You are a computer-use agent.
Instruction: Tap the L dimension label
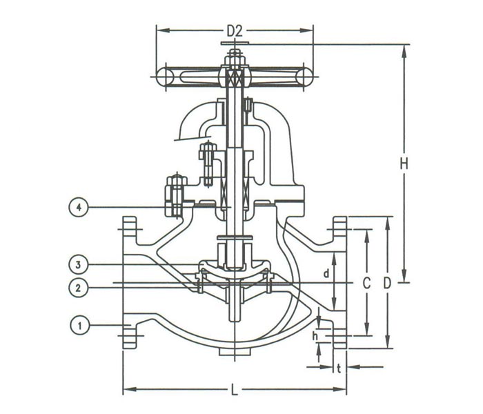click(235, 391)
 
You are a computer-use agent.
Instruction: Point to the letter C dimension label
click(367, 283)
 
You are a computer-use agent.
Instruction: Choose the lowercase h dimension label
click(315, 336)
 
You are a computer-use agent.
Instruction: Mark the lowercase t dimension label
click(339, 368)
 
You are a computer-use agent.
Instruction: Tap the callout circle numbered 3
click(81, 264)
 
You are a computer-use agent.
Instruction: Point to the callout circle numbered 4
click(81, 206)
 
